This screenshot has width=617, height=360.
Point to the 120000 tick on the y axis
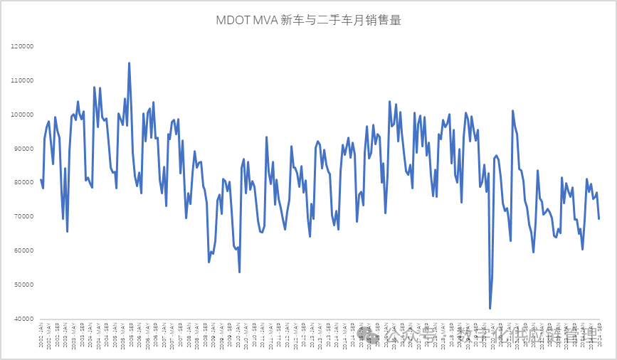pyautogui.click(x=23, y=47)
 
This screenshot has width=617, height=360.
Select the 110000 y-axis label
pyautogui.click(x=23, y=80)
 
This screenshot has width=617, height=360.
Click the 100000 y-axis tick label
pyautogui.click(x=23, y=115)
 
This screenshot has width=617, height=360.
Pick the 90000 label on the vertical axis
pyautogui.click(x=24, y=149)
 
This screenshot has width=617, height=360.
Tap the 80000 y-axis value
pyautogui.click(x=24, y=183)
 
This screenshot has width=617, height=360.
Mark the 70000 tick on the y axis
pyautogui.click(x=24, y=217)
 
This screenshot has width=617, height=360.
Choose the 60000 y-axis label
pyautogui.click(x=24, y=251)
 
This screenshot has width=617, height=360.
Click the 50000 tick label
pyautogui.click(x=24, y=285)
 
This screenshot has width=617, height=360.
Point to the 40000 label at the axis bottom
pyautogui.click(x=24, y=319)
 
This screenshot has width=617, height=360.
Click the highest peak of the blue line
pyautogui.click(x=129, y=63)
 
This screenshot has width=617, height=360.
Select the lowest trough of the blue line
pyautogui.click(x=490, y=308)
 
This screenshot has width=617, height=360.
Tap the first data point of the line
pyautogui.click(x=41, y=179)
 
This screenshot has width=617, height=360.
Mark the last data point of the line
pyautogui.click(x=598, y=219)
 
